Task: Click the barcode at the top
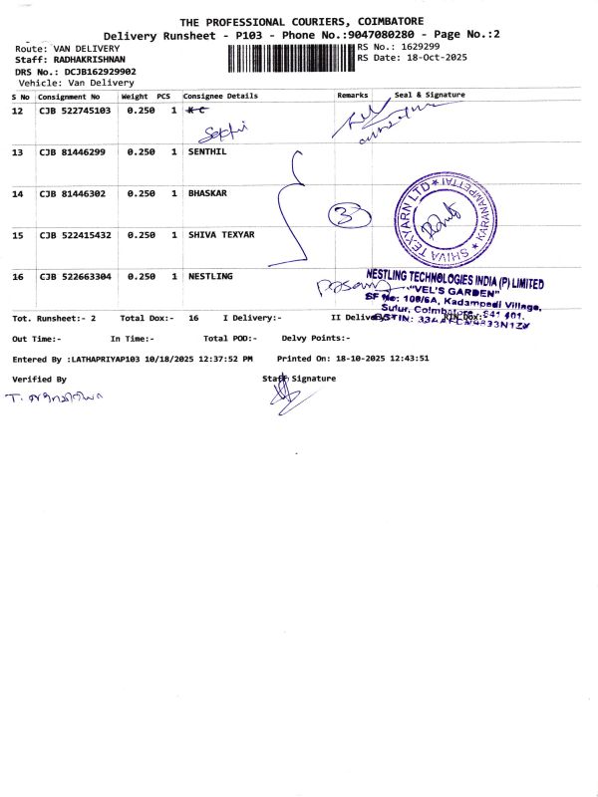[x=291, y=58]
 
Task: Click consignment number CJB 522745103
[x=75, y=111]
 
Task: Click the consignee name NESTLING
[x=210, y=275]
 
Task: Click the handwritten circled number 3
[x=350, y=214]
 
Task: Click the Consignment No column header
[x=69, y=97]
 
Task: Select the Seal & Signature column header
[x=430, y=96]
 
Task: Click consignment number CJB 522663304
[x=75, y=275]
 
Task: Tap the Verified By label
[x=39, y=380]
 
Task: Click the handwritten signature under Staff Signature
[x=284, y=399]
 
